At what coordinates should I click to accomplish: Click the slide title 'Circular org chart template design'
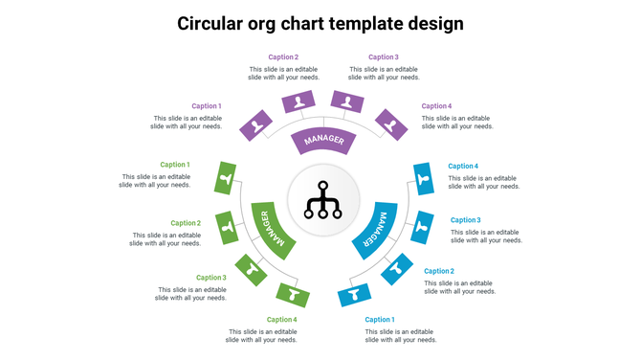coord(320,23)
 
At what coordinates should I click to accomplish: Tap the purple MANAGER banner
coord(322,141)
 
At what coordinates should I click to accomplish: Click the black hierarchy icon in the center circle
coord(322,199)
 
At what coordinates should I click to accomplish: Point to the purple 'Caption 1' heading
coord(206,106)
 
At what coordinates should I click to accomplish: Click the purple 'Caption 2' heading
coord(283,57)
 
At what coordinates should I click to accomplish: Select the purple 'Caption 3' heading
coord(383,57)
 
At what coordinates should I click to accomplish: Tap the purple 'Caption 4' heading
coord(436,106)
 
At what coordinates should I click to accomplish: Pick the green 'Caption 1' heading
coord(174,165)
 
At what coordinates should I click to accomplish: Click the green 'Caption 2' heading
coord(185,223)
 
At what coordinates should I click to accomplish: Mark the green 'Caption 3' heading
coord(210,278)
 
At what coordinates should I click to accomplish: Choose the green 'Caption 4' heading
coord(281,320)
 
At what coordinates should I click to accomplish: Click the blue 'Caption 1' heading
coord(379,320)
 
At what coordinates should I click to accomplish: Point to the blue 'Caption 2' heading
coord(439,271)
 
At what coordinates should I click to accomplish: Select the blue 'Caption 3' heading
coord(465,220)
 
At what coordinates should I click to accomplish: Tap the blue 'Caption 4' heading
coord(463,167)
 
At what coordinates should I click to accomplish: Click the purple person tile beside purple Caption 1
coord(255,125)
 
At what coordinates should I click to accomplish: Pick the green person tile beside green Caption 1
coord(226,176)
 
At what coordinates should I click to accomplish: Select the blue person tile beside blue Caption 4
coord(424,178)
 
